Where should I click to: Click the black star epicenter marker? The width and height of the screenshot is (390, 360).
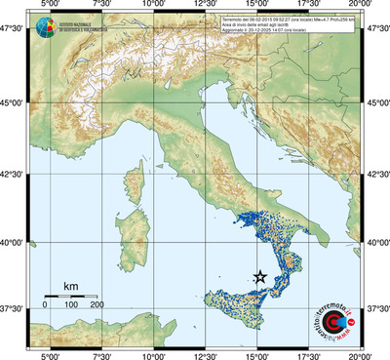[x=260, y=277]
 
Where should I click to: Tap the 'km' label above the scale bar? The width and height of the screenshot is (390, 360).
[x=70, y=286]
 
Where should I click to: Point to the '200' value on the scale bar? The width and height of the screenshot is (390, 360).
[x=97, y=305]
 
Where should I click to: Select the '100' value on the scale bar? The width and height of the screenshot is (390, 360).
[x=71, y=305]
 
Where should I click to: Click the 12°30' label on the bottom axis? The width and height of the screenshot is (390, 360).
[x=206, y=355]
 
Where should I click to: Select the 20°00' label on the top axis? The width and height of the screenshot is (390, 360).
[x=361, y=5]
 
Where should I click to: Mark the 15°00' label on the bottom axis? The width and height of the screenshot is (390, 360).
[x=258, y=355]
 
